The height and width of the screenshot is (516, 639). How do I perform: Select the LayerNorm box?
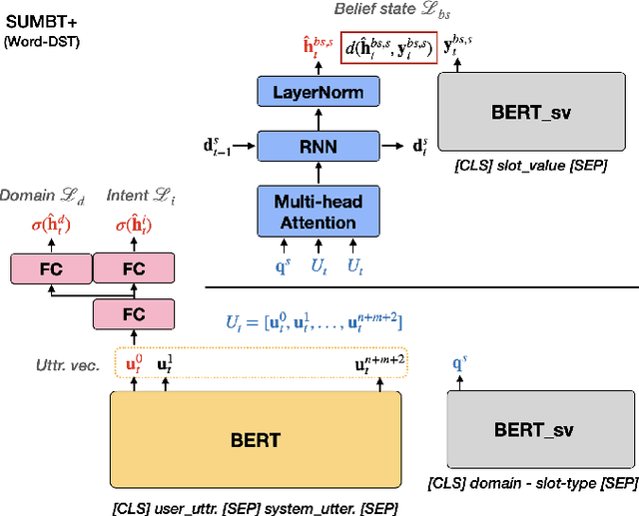tap(319, 93)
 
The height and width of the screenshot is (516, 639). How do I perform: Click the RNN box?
tap(319, 145)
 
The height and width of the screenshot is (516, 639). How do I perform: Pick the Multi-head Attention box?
tap(319, 211)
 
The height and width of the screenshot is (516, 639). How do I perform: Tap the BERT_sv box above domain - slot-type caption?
tap(535, 430)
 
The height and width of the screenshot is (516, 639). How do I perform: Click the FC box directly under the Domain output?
tap(51, 267)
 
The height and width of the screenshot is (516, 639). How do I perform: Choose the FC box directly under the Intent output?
tap(133, 267)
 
